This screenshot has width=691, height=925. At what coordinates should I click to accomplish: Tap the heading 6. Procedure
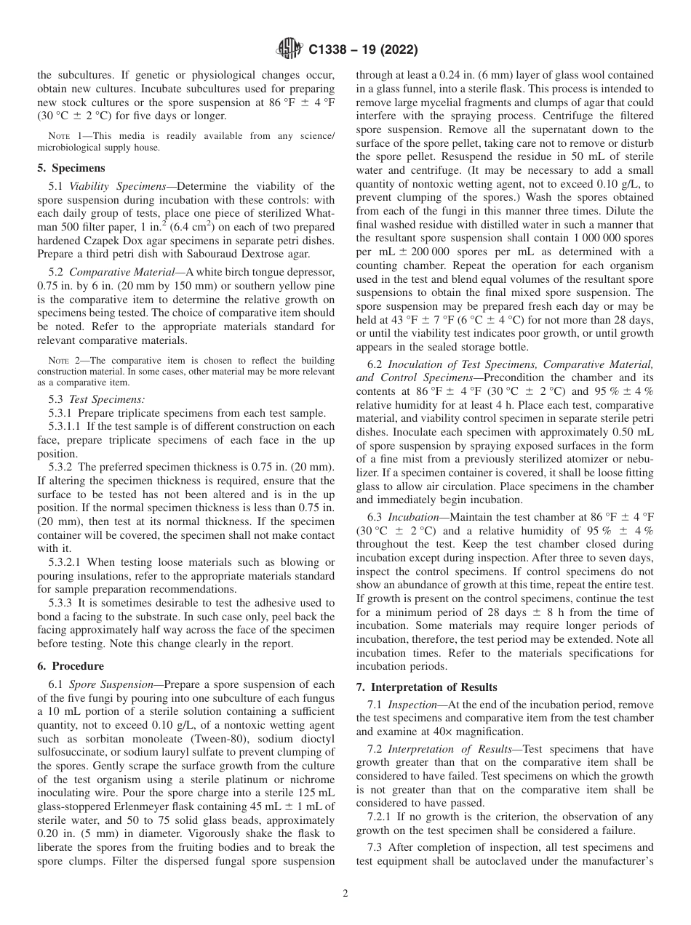click(71, 666)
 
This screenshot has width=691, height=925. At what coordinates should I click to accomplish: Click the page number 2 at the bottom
click(345, 894)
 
